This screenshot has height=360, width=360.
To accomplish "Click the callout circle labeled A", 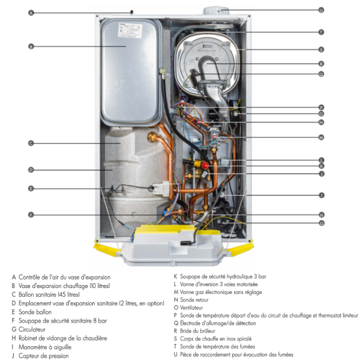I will (x=31, y=13).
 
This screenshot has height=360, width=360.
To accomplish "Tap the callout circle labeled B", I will (x=31, y=46).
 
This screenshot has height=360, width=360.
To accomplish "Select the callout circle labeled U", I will (x=321, y=10).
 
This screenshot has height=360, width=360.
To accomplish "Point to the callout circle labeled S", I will (x=321, y=49).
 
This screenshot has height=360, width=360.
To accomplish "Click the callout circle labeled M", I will (x=321, y=137).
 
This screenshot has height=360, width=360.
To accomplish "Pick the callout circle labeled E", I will (x=31, y=188).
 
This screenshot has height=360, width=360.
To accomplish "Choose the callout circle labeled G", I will (x=321, y=223).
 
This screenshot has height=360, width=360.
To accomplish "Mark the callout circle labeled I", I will (x=321, y=195).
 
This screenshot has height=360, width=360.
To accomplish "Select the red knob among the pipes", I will (x=206, y=164).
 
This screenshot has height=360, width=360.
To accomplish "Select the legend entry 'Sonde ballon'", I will (x=35, y=312).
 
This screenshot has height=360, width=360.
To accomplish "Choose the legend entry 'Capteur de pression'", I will (x=43, y=355).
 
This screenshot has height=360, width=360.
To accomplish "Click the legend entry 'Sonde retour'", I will (x=193, y=299).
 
